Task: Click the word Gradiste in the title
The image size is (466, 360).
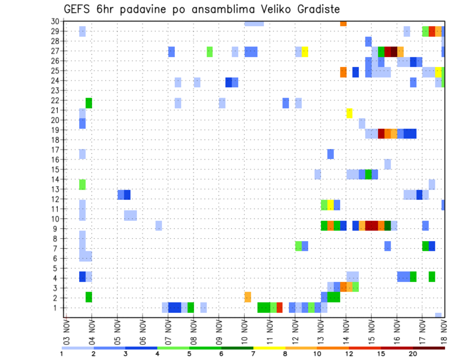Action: (x=314, y=9)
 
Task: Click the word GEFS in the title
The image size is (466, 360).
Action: (x=80, y=9)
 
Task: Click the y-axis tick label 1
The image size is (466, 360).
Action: (x=57, y=308)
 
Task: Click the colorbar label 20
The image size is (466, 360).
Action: (x=413, y=354)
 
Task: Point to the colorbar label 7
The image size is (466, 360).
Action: (x=253, y=354)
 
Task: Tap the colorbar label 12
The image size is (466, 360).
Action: (x=349, y=354)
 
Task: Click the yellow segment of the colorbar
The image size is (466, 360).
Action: (x=269, y=347)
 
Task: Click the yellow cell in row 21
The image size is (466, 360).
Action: (x=349, y=113)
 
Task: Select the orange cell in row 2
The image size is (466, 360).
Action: (x=248, y=297)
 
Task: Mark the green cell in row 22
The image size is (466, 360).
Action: (x=89, y=103)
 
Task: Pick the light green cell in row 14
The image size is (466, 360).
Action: (x=83, y=184)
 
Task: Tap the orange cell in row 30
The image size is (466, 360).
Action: (x=343, y=23)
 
